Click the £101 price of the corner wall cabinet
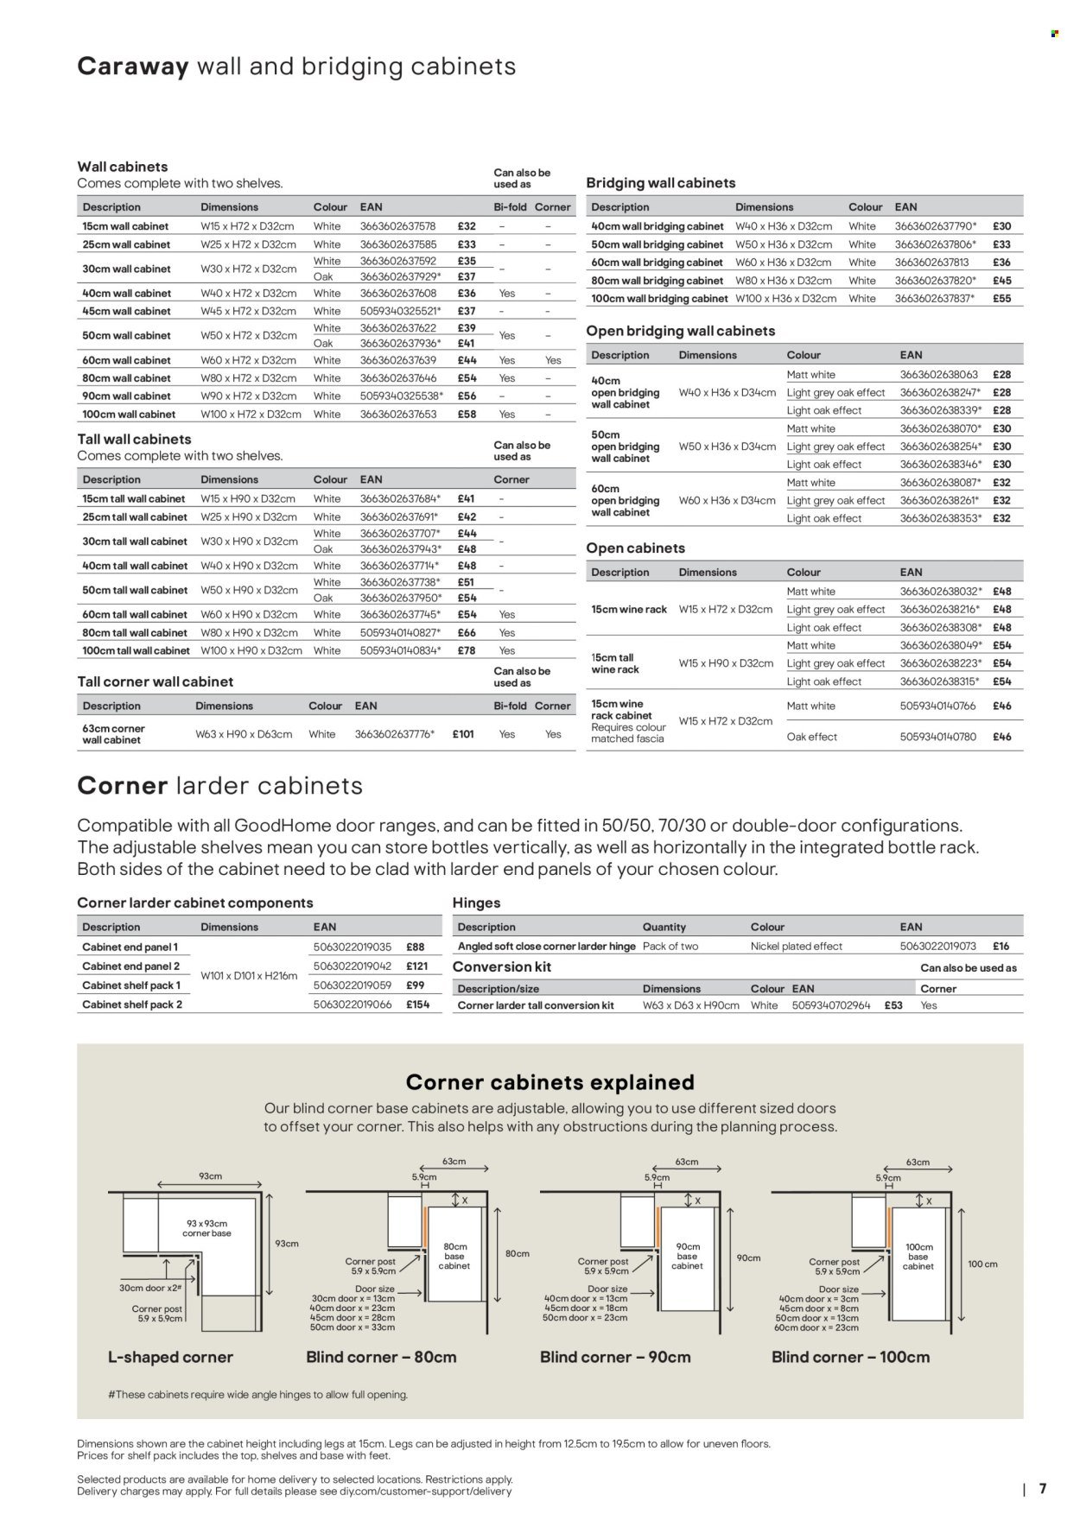pyautogui.click(x=462, y=734)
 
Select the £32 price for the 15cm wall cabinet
pyautogui.click(x=466, y=226)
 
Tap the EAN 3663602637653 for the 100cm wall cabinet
pyautogui.click(x=398, y=415)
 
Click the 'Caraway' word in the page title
pyautogui.click(x=133, y=67)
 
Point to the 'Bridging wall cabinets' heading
pyautogui.click(x=660, y=183)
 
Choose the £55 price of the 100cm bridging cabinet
pyautogui.click(x=1001, y=299)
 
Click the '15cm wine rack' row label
pyautogui.click(x=629, y=610)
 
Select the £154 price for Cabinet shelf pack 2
pyautogui.click(x=417, y=1005)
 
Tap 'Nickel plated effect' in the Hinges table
pyautogui.click(x=796, y=947)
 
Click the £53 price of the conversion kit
pyautogui.click(x=893, y=1006)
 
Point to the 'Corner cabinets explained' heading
pyautogui.click(x=550, y=1082)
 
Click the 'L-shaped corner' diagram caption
pyautogui.click(x=170, y=1358)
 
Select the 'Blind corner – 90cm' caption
pyautogui.click(x=615, y=1358)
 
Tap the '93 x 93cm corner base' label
pyautogui.click(x=207, y=1228)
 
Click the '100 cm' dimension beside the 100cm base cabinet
pyautogui.click(x=982, y=1264)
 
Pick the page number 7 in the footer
pyautogui.click(x=1043, y=1489)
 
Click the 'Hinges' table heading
pyautogui.click(x=476, y=903)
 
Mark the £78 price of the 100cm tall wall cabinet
pyautogui.click(x=466, y=651)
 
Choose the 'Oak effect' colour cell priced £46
pyautogui.click(x=811, y=738)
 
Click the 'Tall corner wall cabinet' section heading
pyautogui.click(x=155, y=682)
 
